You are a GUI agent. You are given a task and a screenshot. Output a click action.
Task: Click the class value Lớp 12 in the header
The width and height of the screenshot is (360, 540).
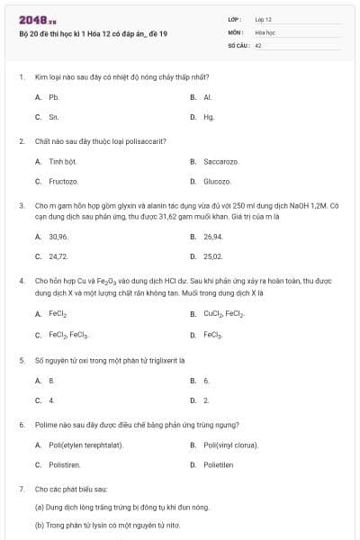point(263,18)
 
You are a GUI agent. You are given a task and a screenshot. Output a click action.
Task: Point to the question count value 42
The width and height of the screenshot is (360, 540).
point(258,43)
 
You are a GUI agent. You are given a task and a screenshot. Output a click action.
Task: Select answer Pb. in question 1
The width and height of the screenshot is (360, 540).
point(54,96)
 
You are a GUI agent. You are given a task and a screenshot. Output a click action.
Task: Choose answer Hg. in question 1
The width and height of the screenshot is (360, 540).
point(209,117)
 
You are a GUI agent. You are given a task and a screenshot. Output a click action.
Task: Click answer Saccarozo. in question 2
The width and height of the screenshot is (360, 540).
point(221,161)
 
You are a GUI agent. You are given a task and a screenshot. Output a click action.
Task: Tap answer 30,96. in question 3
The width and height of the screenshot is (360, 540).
point(58,236)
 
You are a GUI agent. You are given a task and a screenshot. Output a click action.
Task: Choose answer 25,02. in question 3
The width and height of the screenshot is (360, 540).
point(213,256)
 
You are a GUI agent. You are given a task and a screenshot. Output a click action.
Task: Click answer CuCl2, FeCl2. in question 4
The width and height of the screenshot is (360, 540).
point(223,314)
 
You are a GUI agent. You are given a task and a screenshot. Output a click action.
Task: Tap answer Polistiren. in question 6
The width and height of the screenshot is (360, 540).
point(65,464)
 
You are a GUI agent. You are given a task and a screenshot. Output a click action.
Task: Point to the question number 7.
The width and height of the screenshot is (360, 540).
point(21,489)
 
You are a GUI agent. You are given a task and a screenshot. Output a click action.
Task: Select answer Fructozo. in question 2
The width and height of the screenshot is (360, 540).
point(63,181)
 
